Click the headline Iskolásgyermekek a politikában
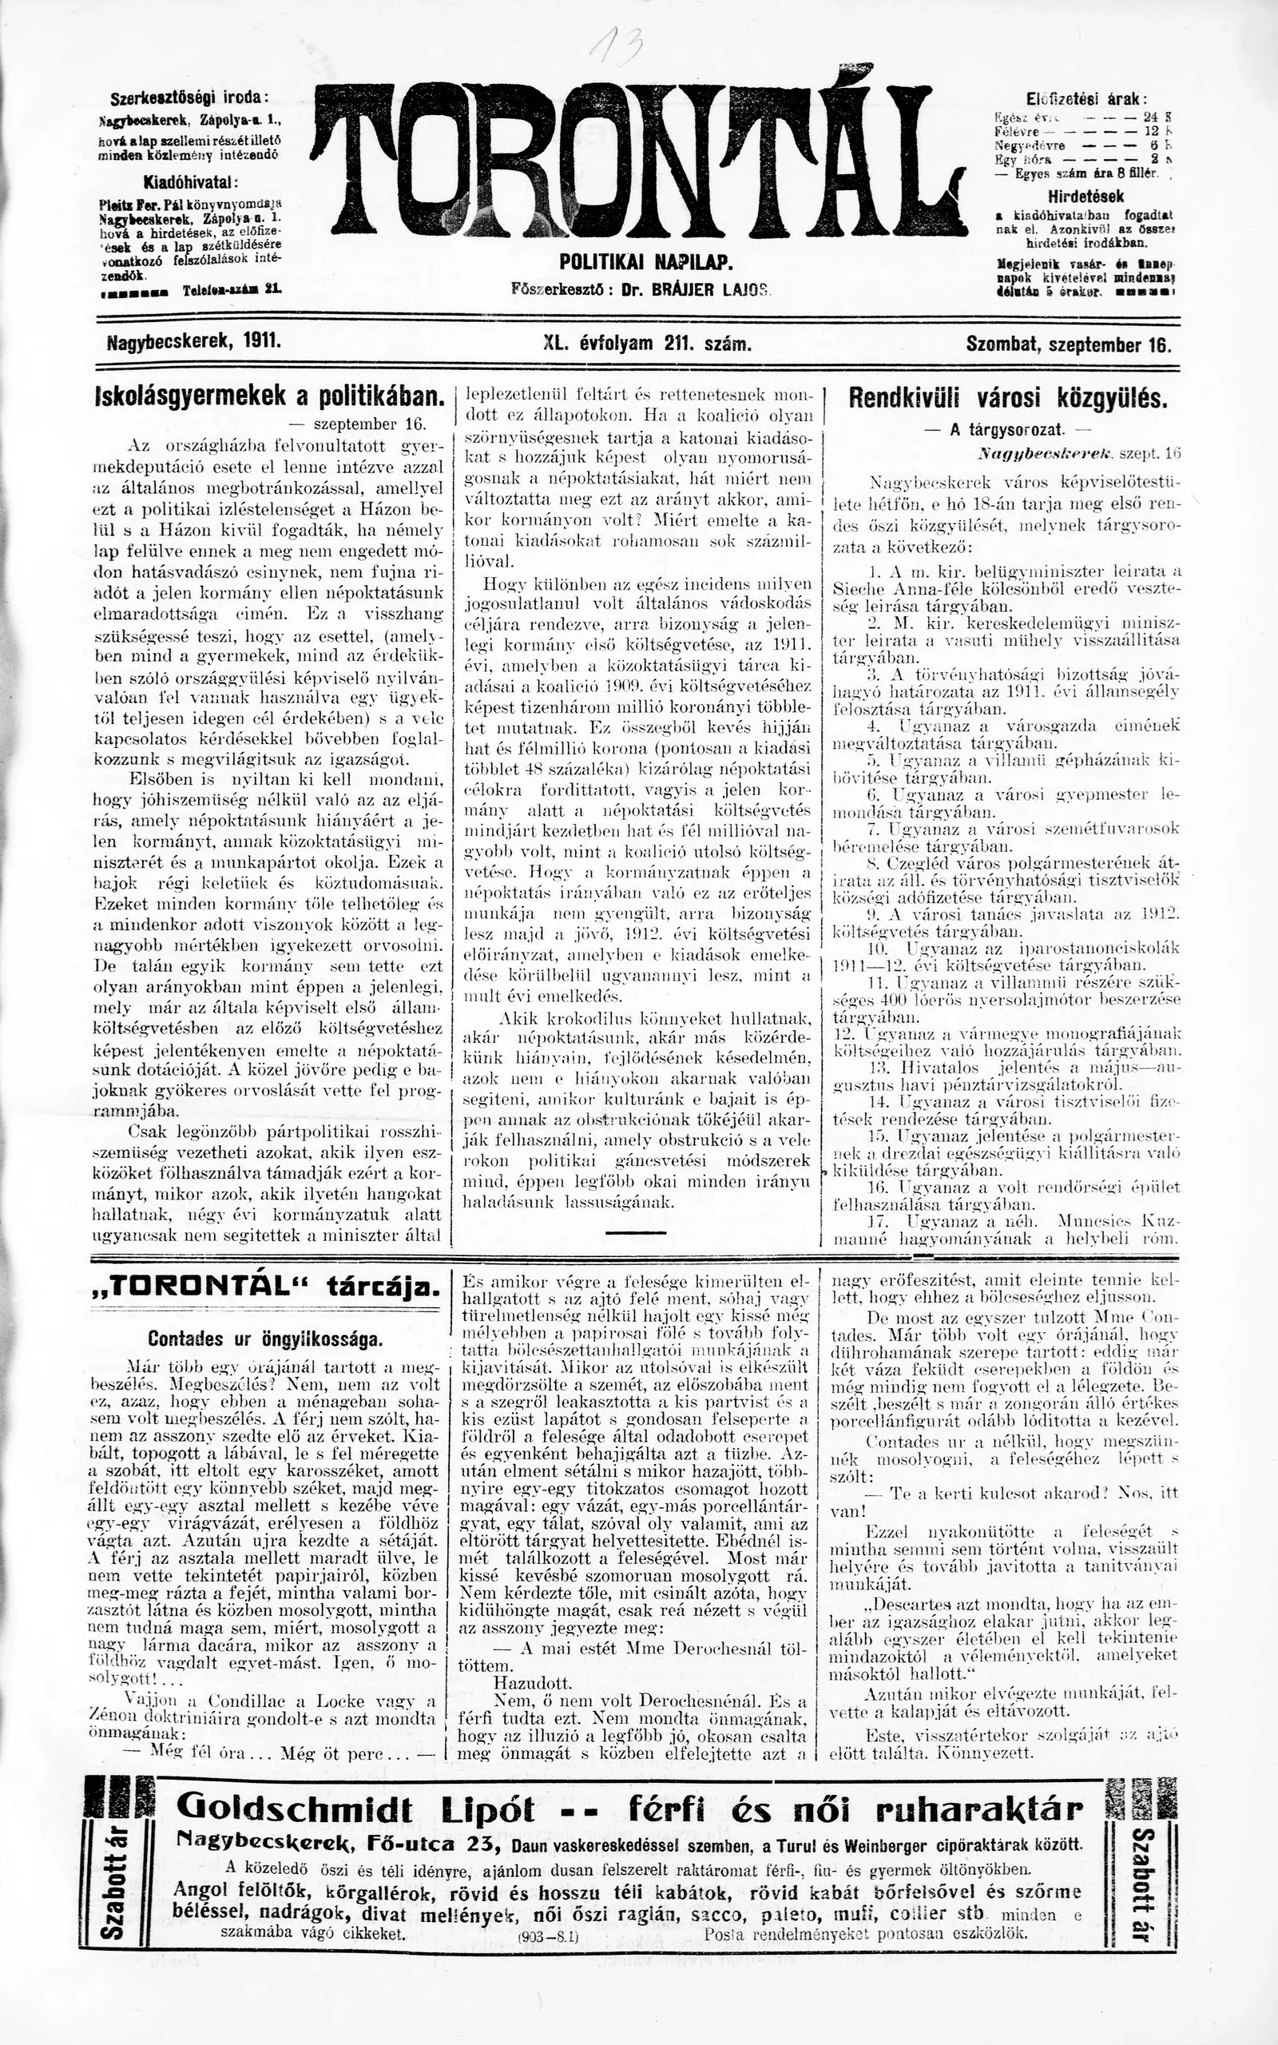coord(270,396)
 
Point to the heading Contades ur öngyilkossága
coord(265,1339)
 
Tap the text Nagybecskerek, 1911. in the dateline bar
coord(194,344)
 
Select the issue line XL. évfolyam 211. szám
coord(649,345)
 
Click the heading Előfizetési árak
coord(1086,97)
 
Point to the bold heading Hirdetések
coord(1086,197)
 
